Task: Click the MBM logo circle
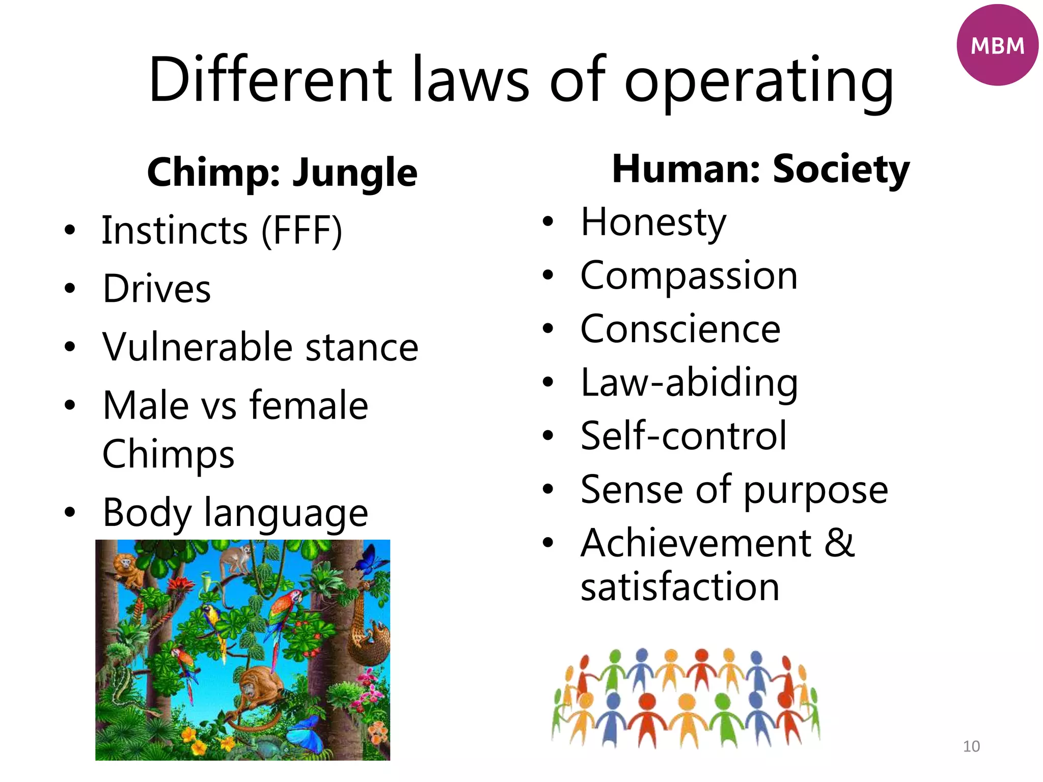[x=997, y=45]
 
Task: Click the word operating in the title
[x=759, y=81]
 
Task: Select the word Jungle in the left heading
[x=354, y=173]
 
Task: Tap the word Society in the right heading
[x=841, y=170]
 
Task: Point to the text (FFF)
[x=301, y=231]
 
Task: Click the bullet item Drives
[x=156, y=289]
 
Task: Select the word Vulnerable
[x=197, y=347]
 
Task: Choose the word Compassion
[x=689, y=276]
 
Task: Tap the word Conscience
[x=680, y=329]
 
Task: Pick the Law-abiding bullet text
[x=689, y=383]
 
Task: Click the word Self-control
[x=683, y=436]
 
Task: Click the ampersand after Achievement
[x=839, y=543]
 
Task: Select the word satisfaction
[x=680, y=587]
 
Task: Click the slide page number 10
[x=971, y=746]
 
